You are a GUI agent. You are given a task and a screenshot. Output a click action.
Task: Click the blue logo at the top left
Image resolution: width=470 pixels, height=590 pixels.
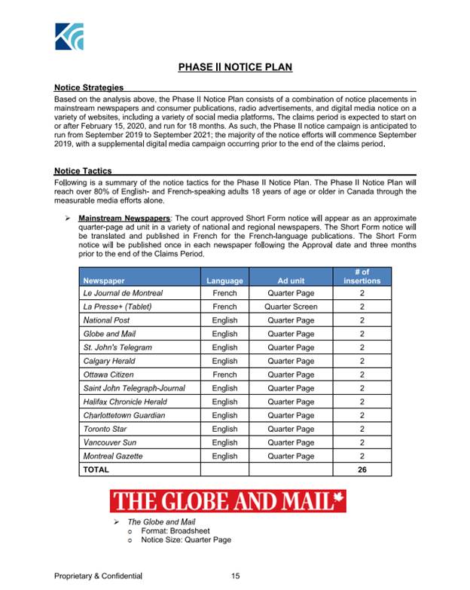point(70,36)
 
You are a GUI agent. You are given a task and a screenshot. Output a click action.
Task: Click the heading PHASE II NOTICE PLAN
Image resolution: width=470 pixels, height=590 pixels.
point(235,68)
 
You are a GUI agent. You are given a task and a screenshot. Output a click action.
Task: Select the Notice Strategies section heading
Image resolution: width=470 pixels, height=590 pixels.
point(89,88)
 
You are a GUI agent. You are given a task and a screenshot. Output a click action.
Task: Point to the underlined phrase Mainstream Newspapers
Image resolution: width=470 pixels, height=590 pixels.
point(124,218)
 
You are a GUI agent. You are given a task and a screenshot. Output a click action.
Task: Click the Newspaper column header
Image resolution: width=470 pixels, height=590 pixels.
point(103,280)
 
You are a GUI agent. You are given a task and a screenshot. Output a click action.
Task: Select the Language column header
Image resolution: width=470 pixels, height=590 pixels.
point(224,280)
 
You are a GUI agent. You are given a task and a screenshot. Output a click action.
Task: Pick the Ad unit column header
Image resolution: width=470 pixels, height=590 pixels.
point(291,280)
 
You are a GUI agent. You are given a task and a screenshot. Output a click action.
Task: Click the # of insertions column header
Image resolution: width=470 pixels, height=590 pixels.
point(362,276)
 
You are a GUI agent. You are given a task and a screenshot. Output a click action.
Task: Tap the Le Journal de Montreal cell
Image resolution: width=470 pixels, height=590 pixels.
point(123,293)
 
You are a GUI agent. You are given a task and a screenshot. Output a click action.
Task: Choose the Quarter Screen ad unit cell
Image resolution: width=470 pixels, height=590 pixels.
point(291,307)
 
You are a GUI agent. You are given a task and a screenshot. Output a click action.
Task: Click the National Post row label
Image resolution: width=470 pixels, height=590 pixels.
point(107,320)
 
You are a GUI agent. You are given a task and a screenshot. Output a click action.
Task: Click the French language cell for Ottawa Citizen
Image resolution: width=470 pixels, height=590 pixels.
point(224,374)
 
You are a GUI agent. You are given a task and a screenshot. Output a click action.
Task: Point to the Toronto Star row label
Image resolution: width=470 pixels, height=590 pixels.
point(106,429)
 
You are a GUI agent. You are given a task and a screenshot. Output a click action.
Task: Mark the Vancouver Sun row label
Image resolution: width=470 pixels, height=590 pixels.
point(111,442)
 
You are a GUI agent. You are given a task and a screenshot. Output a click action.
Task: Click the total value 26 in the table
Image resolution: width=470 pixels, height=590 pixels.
point(362,469)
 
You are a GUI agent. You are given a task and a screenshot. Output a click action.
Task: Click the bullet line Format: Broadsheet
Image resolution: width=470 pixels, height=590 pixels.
point(170,530)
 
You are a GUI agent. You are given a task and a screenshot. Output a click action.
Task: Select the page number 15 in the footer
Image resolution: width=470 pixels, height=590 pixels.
point(235,576)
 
